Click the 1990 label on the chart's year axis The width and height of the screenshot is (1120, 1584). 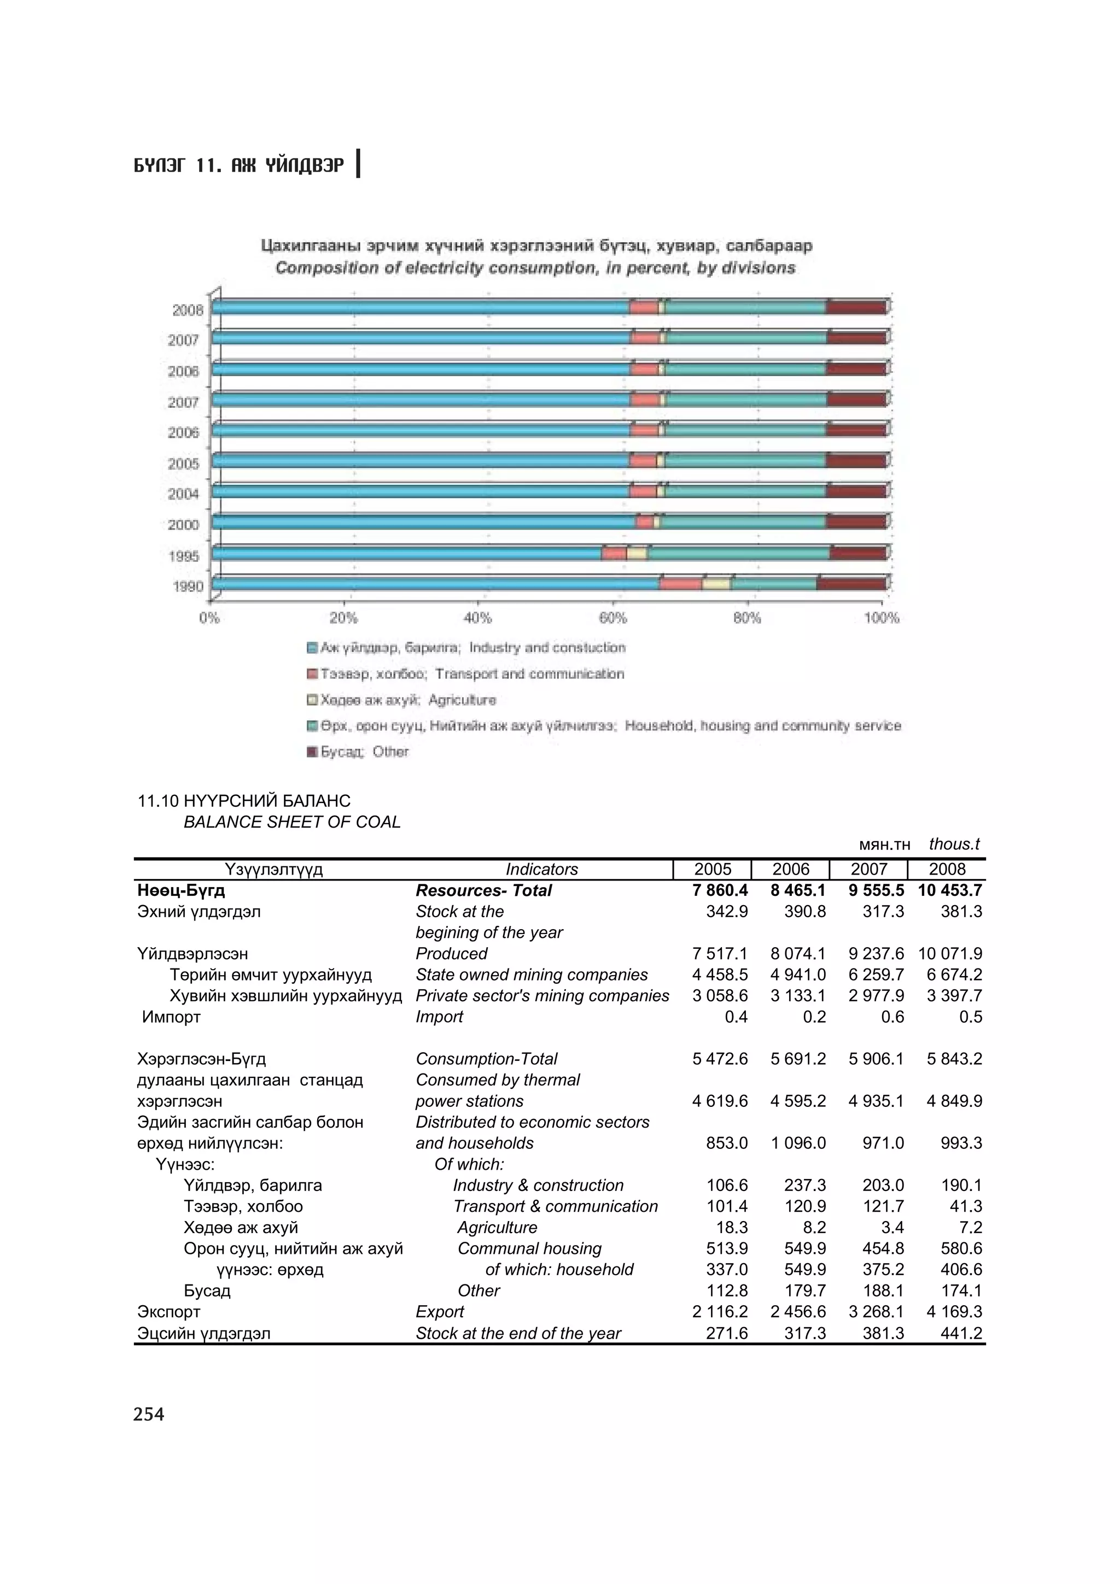[188, 586]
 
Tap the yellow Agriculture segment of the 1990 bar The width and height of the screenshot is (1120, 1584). [716, 584]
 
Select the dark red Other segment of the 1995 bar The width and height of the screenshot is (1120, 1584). [857, 553]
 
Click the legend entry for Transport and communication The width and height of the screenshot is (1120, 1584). [472, 674]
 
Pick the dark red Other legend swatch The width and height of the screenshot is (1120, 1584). [311, 752]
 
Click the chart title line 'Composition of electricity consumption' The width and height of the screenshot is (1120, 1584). [535, 268]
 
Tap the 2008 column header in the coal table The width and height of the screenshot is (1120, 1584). [947, 869]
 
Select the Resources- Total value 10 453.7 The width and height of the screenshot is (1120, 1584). [949, 890]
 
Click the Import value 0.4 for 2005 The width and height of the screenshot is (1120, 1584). [736, 1017]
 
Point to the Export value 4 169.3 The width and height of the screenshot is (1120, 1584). [954, 1311]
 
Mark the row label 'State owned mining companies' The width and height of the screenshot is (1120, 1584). [532, 975]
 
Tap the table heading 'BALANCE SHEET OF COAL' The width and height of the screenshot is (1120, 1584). [292, 823]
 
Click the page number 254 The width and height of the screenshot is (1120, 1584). [149, 1415]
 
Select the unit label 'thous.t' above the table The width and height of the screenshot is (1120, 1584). [954, 844]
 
